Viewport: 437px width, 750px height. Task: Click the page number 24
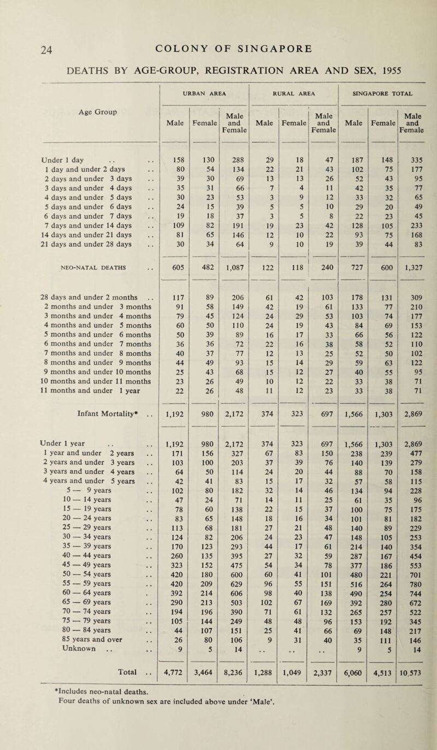[x=23, y=47]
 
